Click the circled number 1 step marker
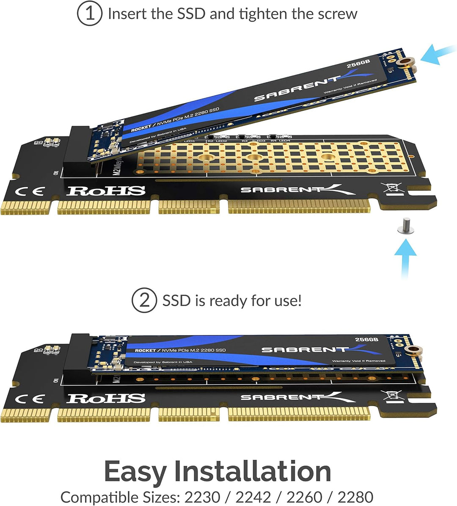point(89,14)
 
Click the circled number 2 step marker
point(145,301)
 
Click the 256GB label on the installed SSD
point(366,340)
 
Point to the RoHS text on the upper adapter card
point(106,191)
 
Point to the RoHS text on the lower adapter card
point(106,398)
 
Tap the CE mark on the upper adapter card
point(29,191)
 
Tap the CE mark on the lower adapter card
point(29,399)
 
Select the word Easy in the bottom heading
point(136,471)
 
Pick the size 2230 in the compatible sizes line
point(202,497)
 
